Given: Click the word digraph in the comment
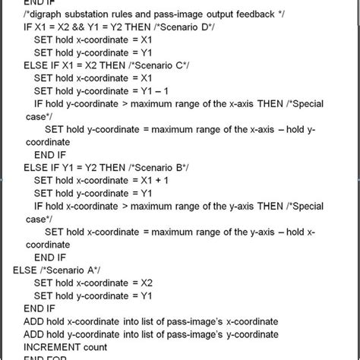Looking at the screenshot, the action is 48,13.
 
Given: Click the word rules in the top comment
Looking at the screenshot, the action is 134,13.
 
